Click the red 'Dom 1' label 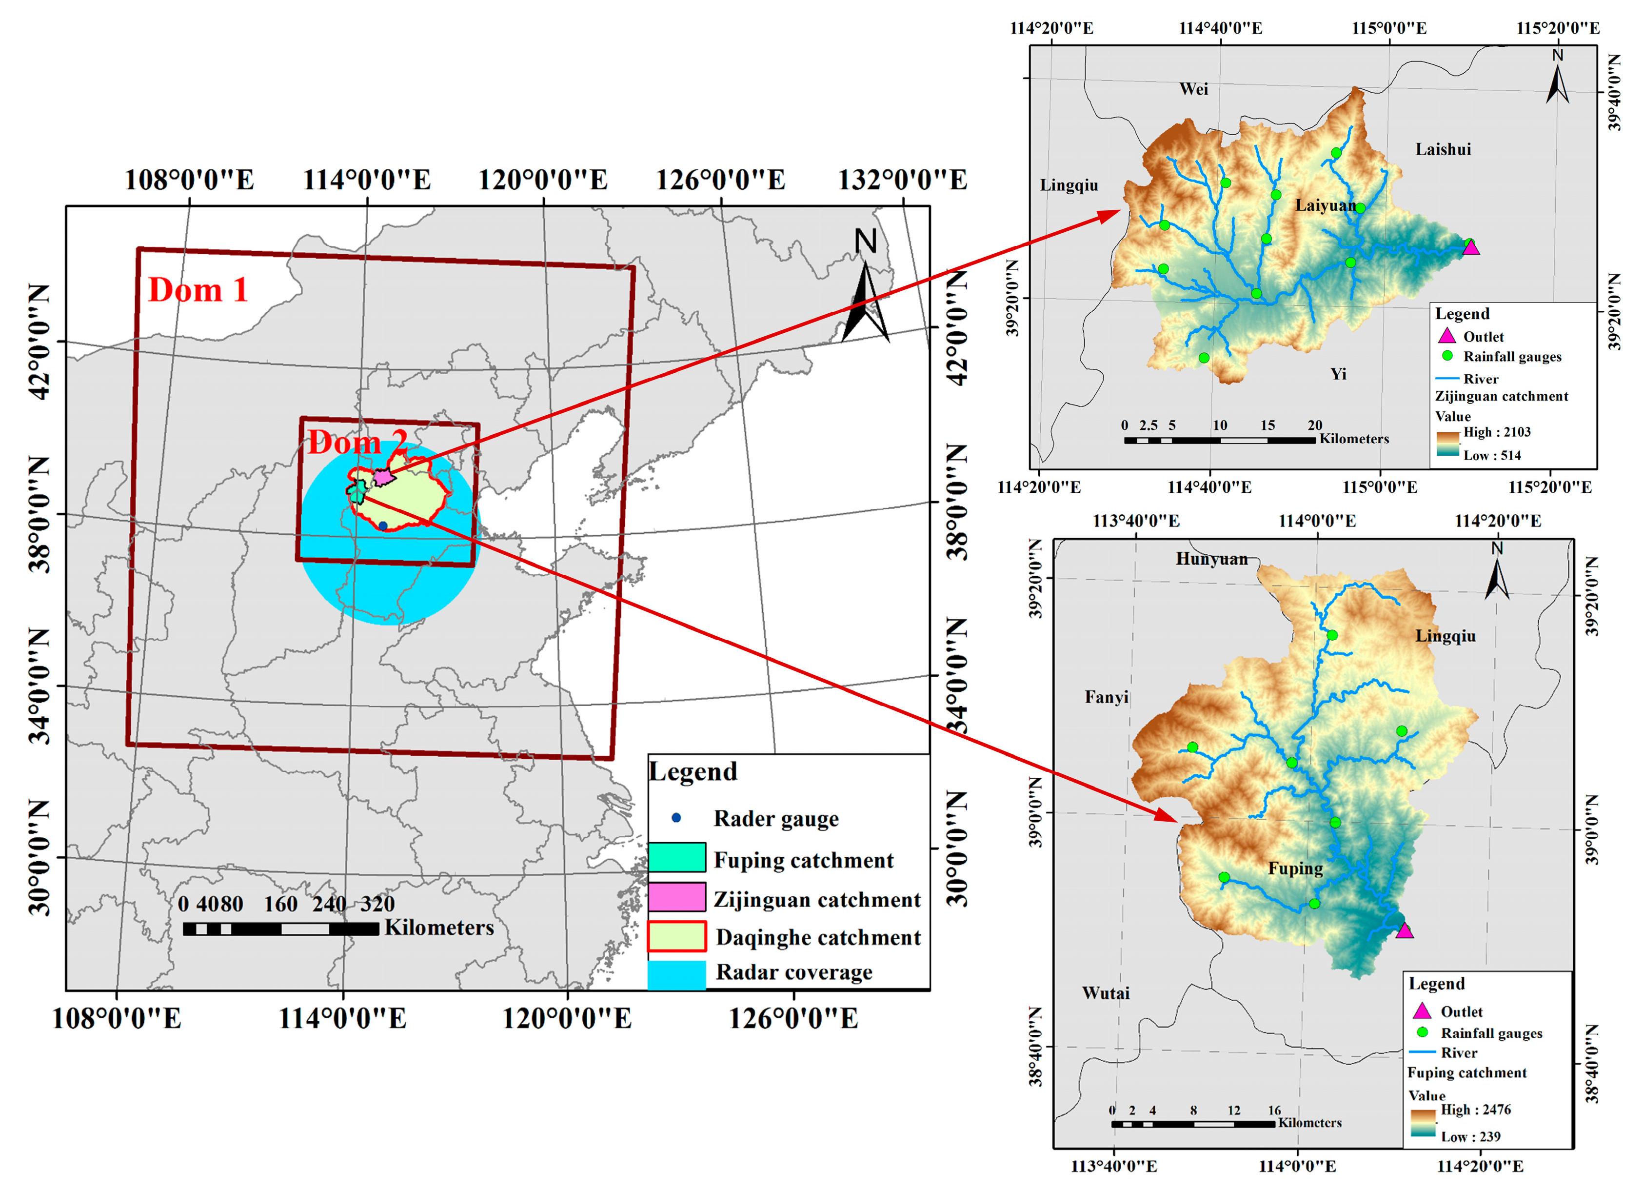point(198,291)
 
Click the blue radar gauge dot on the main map point(383,525)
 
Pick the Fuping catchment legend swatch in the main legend point(676,857)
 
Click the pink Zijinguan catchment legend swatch point(676,897)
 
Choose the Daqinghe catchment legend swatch point(676,936)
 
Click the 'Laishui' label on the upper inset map point(1443,149)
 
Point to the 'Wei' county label point(1193,89)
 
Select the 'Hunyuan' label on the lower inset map point(1212,559)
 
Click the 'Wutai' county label point(1106,993)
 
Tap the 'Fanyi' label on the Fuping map point(1106,698)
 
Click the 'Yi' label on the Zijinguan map point(1338,374)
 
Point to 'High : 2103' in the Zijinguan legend point(1497,432)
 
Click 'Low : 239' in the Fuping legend point(1470,1137)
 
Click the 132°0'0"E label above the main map point(902,180)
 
